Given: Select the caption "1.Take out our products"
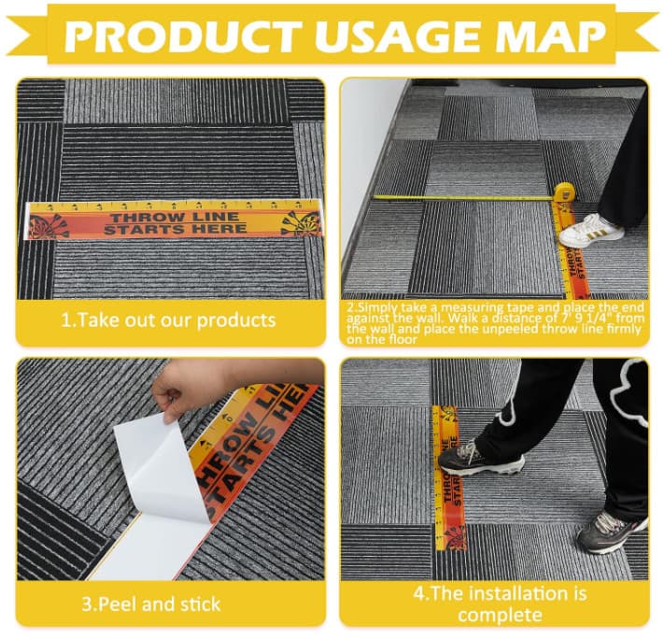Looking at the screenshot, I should (168, 319).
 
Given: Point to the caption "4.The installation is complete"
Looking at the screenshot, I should (494, 603).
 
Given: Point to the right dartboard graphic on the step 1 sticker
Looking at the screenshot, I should (302, 222).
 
